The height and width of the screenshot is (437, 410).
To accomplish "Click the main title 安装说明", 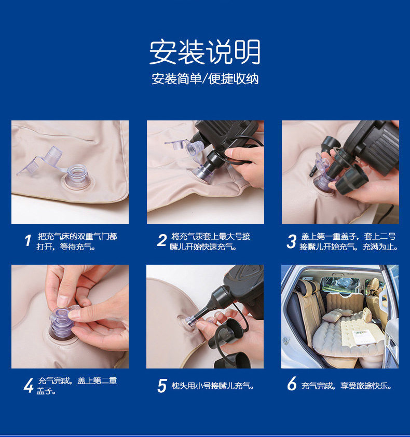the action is pos(205,52).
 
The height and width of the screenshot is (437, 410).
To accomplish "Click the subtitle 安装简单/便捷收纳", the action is pos(205,78).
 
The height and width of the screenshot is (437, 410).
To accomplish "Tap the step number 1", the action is pos(28,240).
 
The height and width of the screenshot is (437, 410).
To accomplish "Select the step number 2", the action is pos(161,240).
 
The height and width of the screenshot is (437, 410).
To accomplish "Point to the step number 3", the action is pos(292,241).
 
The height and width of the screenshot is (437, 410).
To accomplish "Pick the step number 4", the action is pos(29,386).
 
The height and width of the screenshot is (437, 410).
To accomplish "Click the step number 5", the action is pos(162,386).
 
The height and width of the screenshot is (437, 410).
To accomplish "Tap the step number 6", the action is pos(292,384).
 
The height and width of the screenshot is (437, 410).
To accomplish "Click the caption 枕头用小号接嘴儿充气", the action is pos(212,386).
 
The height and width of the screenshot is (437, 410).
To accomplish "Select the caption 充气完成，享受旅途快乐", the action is pos(347,386).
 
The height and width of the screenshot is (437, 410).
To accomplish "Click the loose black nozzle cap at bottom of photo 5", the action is pos(233,360).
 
